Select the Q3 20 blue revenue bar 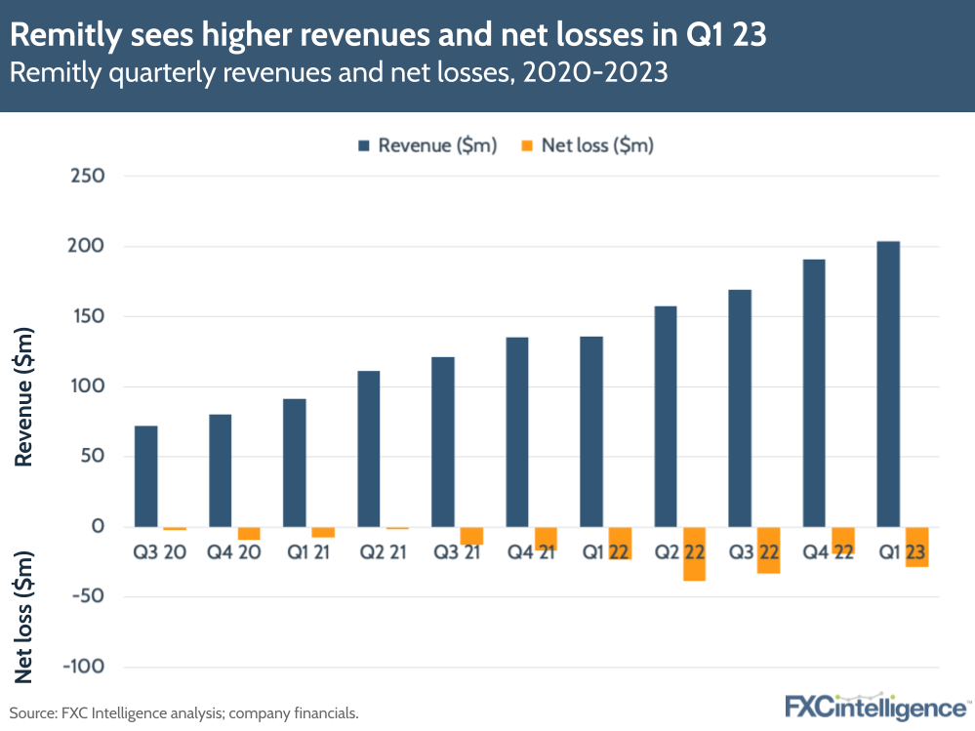[145, 476]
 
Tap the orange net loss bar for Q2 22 [694, 554]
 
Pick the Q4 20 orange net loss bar [249, 533]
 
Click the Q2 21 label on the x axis [383, 552]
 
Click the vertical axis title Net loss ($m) [25, 618]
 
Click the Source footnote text [184, 713]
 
